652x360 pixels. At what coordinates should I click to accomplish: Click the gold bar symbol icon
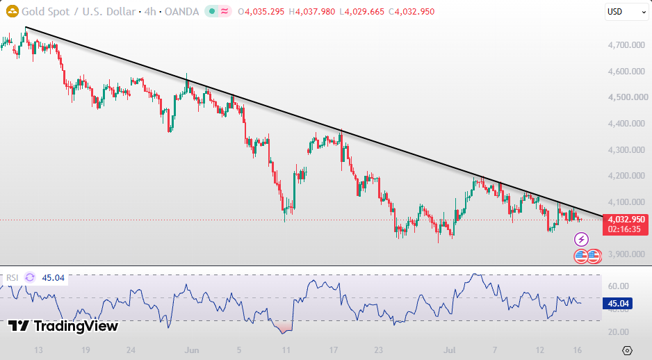[13, 12]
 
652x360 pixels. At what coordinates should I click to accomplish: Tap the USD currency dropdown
[626, 12]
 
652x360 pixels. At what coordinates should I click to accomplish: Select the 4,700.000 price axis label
[626, 45]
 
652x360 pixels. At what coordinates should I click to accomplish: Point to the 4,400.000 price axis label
[626, 124]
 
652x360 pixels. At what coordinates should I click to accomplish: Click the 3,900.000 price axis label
[626, 254]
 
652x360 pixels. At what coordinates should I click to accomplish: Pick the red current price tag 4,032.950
[626, 224]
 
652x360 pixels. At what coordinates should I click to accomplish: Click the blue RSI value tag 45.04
[618, 304]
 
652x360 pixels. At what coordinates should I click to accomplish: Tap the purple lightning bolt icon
[581, 240]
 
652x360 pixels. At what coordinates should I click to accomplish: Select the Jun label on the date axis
[192, 350]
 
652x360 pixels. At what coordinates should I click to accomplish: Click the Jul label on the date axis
[449, 350]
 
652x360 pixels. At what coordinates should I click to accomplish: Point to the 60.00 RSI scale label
[619, 286]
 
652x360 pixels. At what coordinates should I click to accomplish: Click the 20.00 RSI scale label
[619, 332]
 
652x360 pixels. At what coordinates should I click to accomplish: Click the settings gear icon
[628, 350]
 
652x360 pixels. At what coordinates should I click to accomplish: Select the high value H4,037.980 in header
[315, 12]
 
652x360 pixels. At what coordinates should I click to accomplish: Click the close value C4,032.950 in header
[411, 12]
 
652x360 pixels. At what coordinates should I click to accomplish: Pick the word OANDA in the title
[181, 12]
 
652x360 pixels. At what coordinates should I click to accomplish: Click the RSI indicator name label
[12, 278]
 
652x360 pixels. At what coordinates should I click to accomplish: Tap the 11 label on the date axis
[286, 350]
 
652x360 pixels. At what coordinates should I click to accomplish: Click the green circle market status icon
[212, 12]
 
